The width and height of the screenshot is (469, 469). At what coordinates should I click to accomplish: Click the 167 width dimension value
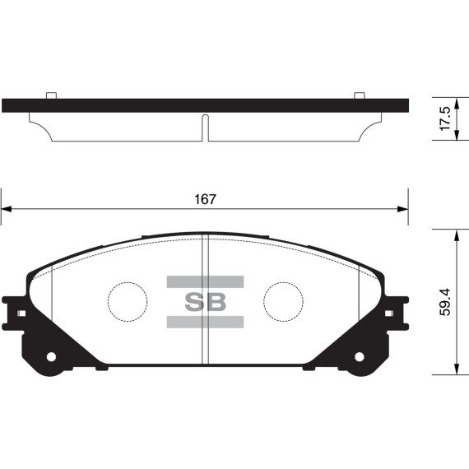coord(205,199)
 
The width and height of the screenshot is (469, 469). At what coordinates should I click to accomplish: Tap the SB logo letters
coord(205,302)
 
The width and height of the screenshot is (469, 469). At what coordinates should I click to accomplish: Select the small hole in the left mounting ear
coord(51,358)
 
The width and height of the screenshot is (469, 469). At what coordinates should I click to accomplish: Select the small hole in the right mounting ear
coord(359,358)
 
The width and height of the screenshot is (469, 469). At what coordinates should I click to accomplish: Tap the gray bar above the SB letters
coord(205,281)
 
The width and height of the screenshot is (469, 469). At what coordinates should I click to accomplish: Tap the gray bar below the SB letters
coord(205,322)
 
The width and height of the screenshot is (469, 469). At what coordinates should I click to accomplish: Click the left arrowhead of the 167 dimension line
coord(7,209)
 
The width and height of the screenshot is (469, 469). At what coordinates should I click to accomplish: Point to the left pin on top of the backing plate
coord(51,95)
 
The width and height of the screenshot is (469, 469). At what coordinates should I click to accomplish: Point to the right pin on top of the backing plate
coord(359,95)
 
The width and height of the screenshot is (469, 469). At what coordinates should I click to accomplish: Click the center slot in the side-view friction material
coord(205,127)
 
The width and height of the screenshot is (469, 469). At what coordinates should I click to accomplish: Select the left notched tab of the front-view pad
coord(13,313)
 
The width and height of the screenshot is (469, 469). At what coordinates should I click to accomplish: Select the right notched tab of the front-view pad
coord(397,313)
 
